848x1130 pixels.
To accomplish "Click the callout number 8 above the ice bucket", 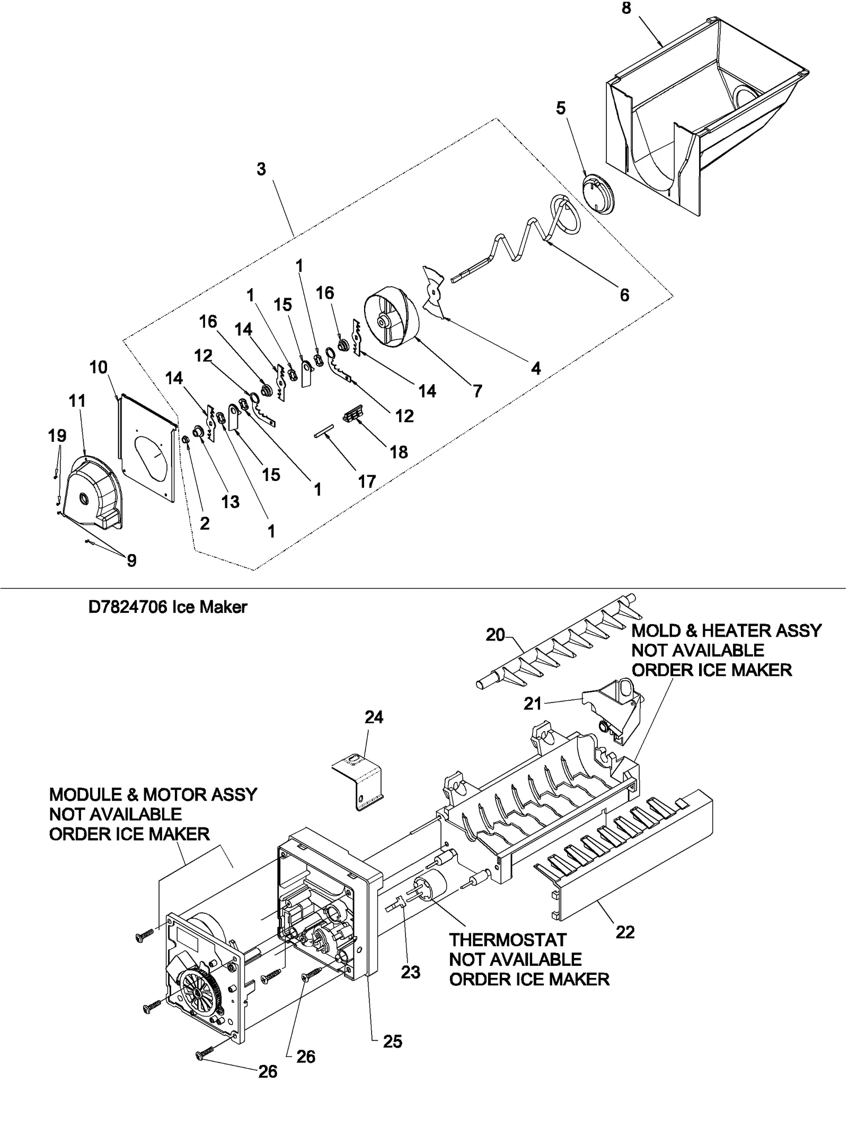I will tap(626, 8).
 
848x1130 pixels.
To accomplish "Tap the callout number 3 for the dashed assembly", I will tap(261, 170).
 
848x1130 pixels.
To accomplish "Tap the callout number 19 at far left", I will tap(57, 435).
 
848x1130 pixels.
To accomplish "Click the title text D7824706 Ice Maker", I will tap(167, 607).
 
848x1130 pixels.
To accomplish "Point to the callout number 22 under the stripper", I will tap(625, 932).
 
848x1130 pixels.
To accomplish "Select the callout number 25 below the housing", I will tap(393, 1042).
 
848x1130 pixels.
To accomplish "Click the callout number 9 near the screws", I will tap(131, 560).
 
